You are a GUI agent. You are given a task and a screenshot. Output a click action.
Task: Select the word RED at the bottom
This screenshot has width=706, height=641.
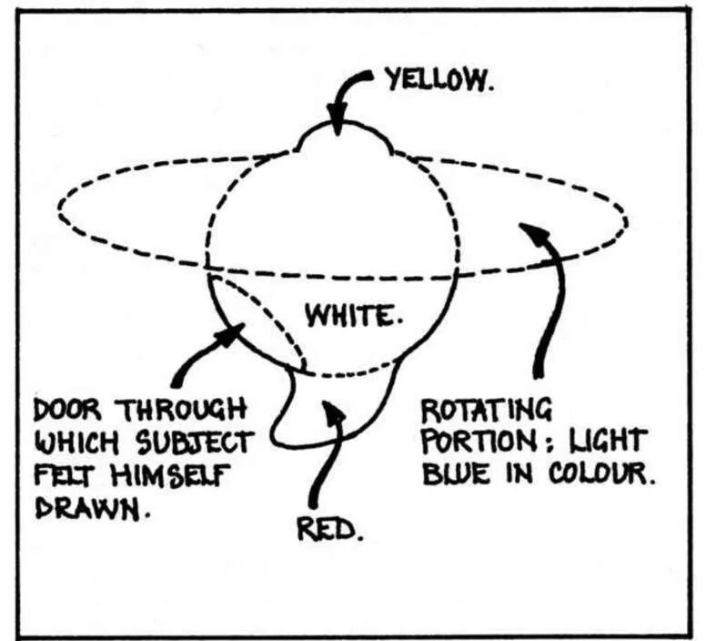(x=329, y=529)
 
